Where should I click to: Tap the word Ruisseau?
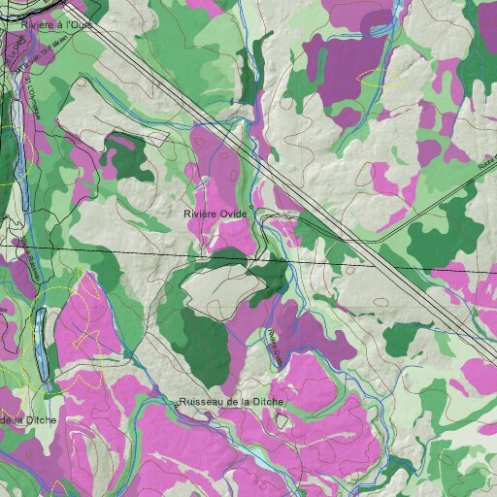(x=203, y=401)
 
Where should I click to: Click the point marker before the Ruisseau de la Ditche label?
(x=177, y=402)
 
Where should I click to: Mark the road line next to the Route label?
(x=437, y=199)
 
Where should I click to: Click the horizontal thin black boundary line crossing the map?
(x=116, y=252)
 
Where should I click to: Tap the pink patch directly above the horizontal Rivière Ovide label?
(x=218, y=160)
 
